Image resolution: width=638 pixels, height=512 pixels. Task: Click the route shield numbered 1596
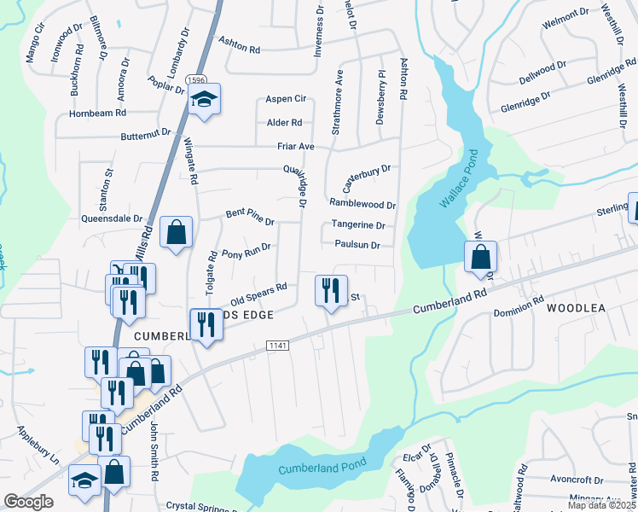tap(177, 79)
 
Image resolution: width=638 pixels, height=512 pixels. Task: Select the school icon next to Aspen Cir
tap(204, 100)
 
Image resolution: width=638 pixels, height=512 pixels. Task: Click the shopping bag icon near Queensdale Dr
tap(176, 232)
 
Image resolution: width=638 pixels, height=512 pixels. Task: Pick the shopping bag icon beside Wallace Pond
tap(481, 256)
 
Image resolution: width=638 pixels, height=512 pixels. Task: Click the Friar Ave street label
tap(296, 147)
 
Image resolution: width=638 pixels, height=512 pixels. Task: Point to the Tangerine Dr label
tap(358, 226)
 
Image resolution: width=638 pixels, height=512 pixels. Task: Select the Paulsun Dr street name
tap(357, 246)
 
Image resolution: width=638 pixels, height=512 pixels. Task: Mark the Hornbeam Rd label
tap(98, 113)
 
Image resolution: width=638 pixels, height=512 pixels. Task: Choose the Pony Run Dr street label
tap(246, 251)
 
